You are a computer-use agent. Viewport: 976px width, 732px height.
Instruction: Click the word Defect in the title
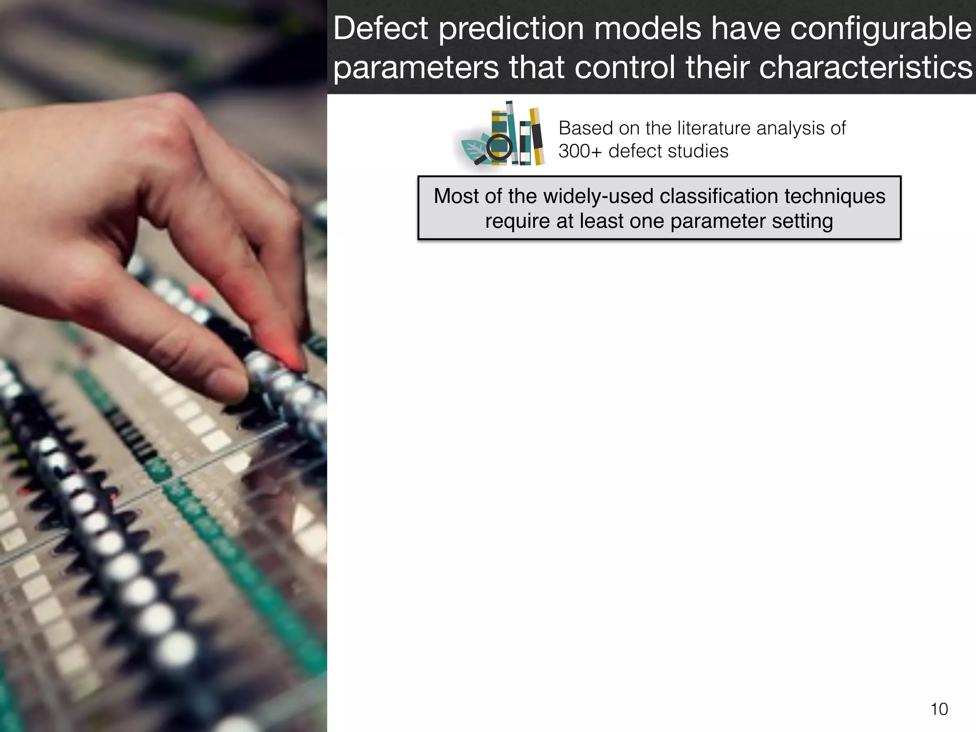point(381,29)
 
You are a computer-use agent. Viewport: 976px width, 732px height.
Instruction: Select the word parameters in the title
point(416,68)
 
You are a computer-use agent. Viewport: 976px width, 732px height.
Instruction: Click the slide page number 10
point(939,709)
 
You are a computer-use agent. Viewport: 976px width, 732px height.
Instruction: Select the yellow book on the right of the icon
point(537,137)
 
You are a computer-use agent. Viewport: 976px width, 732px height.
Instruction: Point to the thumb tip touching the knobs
point(228,384)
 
